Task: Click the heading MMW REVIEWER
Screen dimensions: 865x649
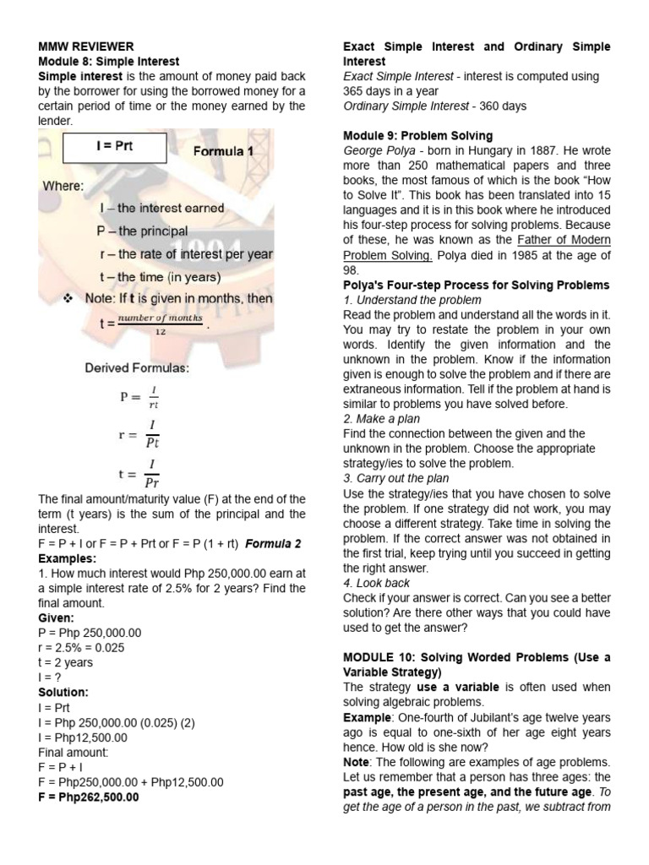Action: tap(85, 46)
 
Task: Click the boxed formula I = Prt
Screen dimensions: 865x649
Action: tap(113, 145)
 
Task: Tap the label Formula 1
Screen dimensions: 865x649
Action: tap(222, 152)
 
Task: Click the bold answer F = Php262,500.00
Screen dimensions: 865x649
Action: tap(89, 797)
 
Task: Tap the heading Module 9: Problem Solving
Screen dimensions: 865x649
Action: tap(417, 135)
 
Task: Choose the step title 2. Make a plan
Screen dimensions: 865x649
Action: tap(381, 419)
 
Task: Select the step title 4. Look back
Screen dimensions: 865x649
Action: tap(376, 583)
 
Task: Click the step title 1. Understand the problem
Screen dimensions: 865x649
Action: tap(412, 300)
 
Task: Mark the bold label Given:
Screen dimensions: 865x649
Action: tap(57, 617)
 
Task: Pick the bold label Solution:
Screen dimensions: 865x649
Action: tap(63, 692)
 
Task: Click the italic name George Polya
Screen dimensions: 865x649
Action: tap(377, 150)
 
